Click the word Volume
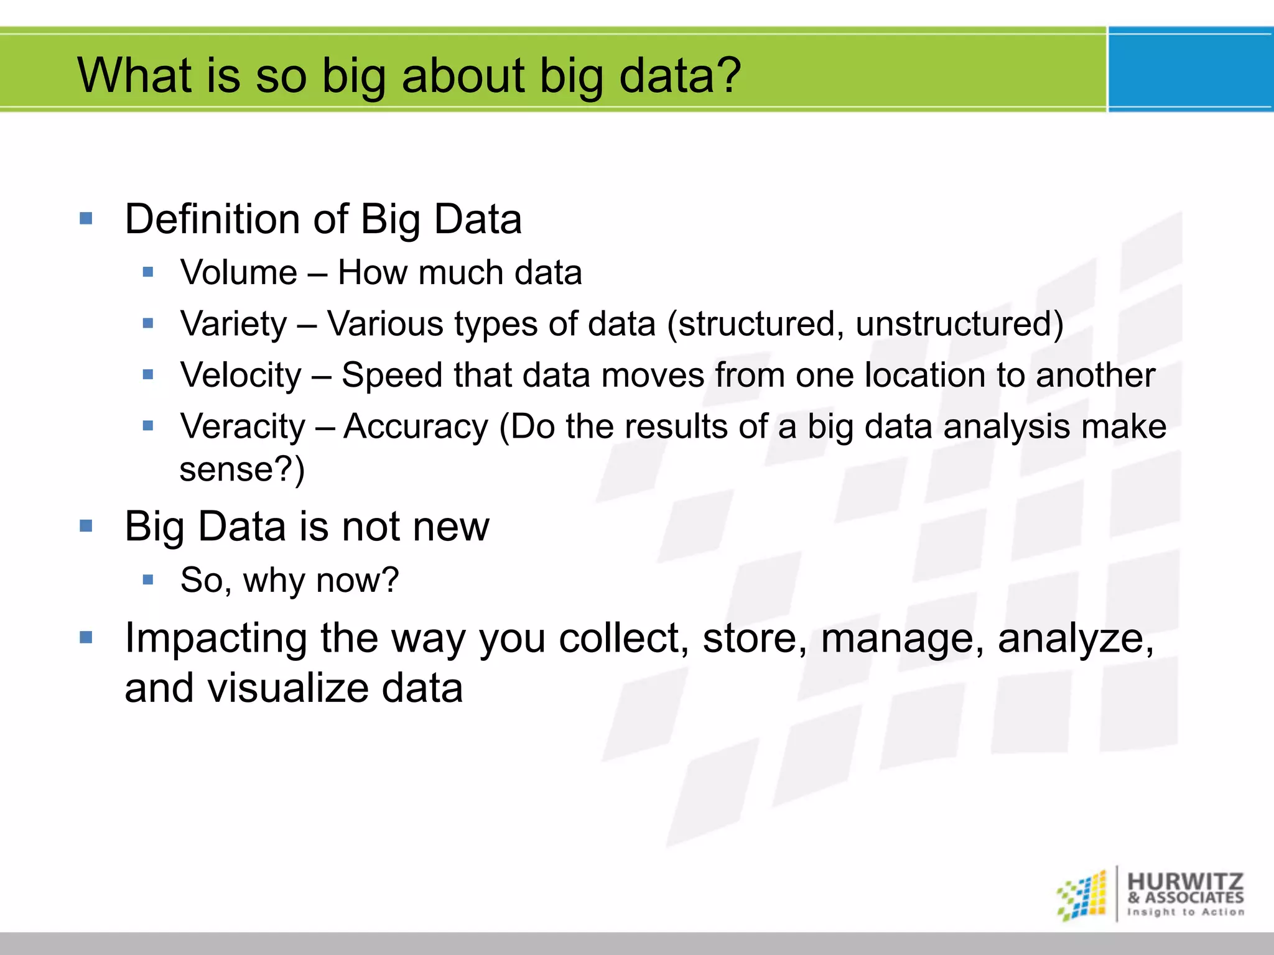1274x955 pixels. pos(239,273)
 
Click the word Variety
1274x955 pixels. pos(233,325)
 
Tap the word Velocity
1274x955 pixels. pos(241,376)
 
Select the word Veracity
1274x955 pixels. pos(243,427)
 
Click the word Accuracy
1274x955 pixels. pos(416,427)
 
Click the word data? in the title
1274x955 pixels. pos(680,76)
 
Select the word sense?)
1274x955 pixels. pos(242,469)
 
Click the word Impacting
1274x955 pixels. pos(216,639)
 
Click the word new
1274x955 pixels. pos(451,527)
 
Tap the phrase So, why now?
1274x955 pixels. pos(289,580)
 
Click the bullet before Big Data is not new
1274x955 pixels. pos(86,527)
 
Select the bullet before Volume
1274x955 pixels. pos(147,272)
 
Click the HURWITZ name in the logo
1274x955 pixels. pos(1185,881)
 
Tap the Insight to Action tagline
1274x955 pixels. pos(1185,912)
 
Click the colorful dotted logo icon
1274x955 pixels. pos(1082,896)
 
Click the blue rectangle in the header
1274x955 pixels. pos(1191,70)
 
